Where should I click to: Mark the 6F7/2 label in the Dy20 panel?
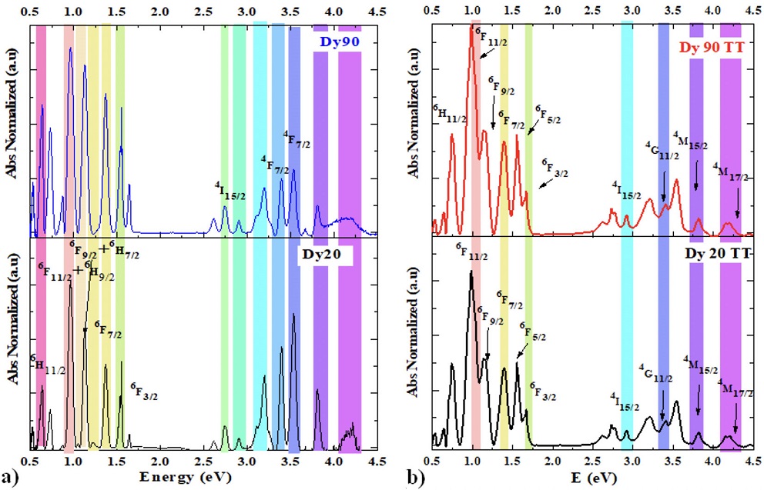(x=108, y=331)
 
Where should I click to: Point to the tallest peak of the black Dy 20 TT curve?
(x=471, y=272)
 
